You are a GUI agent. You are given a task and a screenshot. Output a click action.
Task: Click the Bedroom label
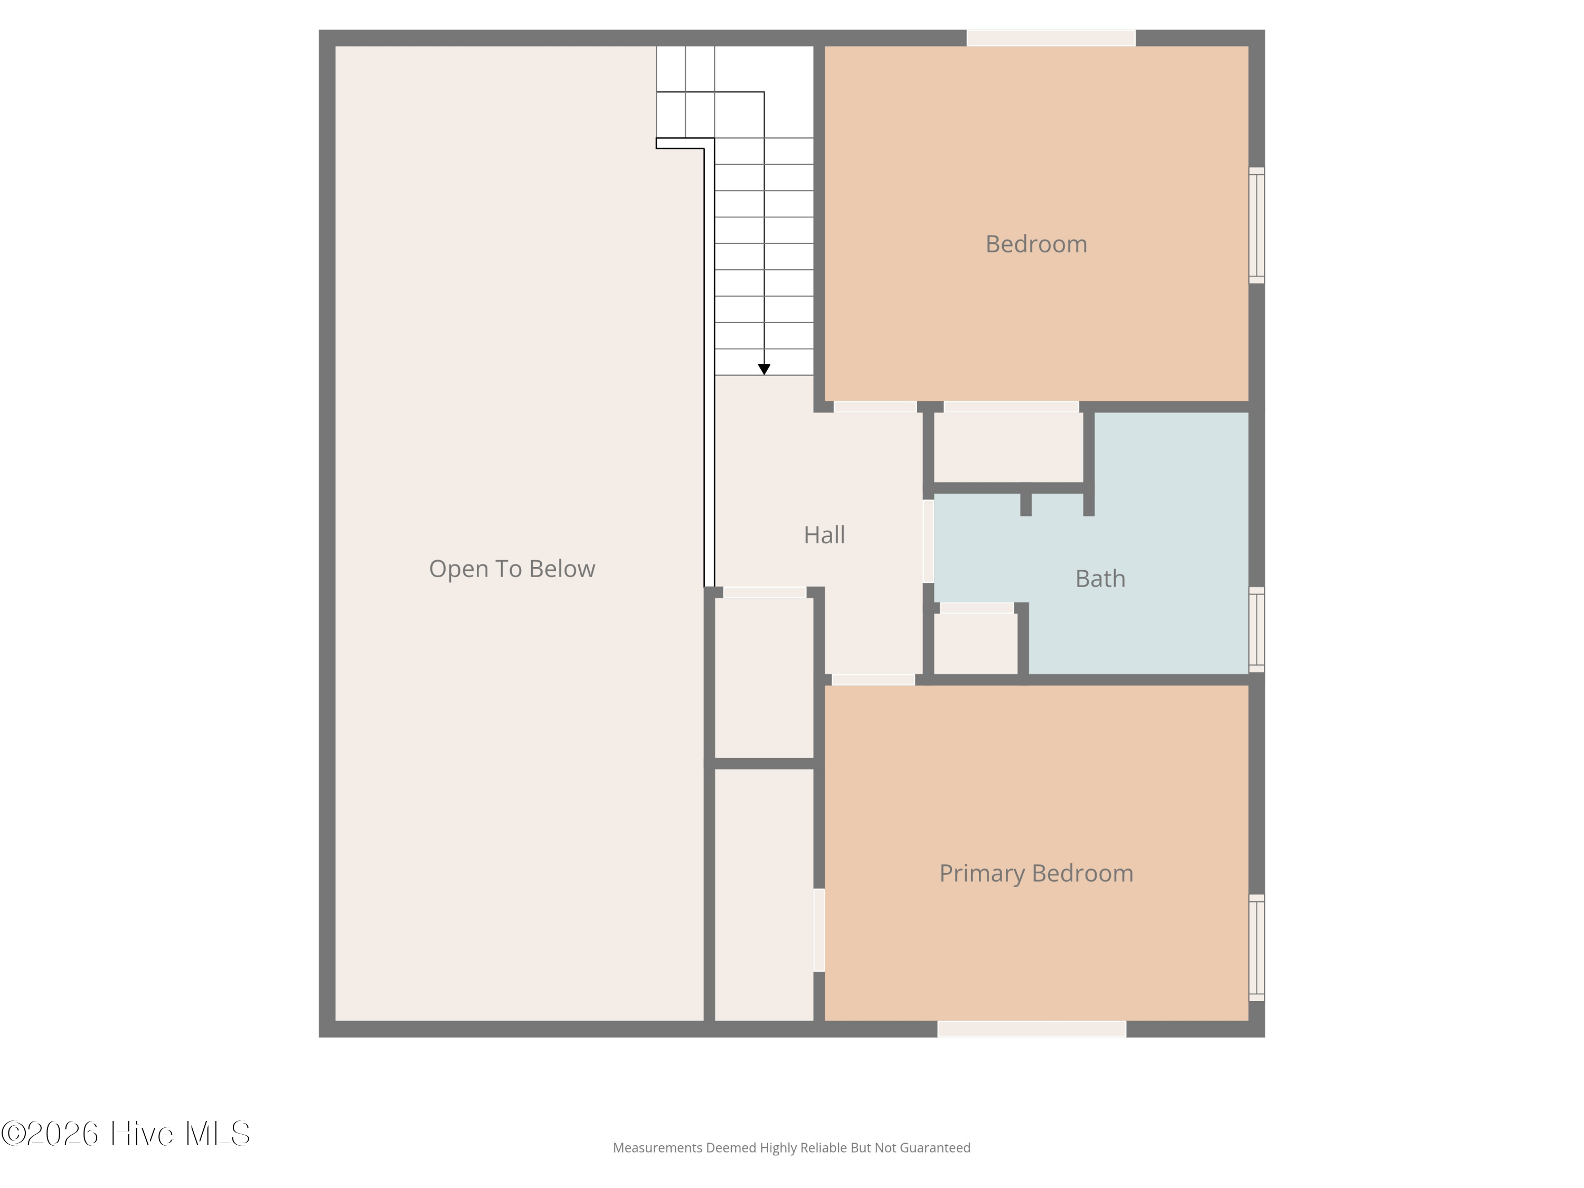coord(1036,244)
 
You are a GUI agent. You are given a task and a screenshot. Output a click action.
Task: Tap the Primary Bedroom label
coord(1036,874)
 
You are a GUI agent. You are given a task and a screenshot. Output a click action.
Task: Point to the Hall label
coord(824,535)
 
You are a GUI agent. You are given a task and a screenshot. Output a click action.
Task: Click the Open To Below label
coord(512,569)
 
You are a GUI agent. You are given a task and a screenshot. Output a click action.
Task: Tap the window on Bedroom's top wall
coord(1051,38)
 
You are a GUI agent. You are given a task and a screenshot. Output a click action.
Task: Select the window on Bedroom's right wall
coord(1257,225)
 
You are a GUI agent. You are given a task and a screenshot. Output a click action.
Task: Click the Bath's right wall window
coord(1257,629)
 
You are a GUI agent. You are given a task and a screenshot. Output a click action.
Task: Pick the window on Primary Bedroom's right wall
coord(1257,947)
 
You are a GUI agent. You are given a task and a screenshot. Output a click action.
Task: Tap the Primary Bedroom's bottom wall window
coord(1032,1029)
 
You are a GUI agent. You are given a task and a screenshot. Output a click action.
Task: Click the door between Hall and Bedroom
coord(875,407)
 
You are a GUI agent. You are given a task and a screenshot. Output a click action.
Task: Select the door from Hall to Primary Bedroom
coord(874,680)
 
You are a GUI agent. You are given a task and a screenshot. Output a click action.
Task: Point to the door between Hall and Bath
coord(928,541)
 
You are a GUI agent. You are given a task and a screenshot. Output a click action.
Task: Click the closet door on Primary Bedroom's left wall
coord(819,930)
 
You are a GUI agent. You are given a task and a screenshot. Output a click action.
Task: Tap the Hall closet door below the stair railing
coord(765,592)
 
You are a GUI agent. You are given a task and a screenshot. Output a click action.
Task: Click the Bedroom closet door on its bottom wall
coord(1011,407)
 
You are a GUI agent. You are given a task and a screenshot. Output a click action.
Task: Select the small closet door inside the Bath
coord(977,608)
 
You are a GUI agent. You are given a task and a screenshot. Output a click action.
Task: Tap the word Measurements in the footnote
coord(657,1148)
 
